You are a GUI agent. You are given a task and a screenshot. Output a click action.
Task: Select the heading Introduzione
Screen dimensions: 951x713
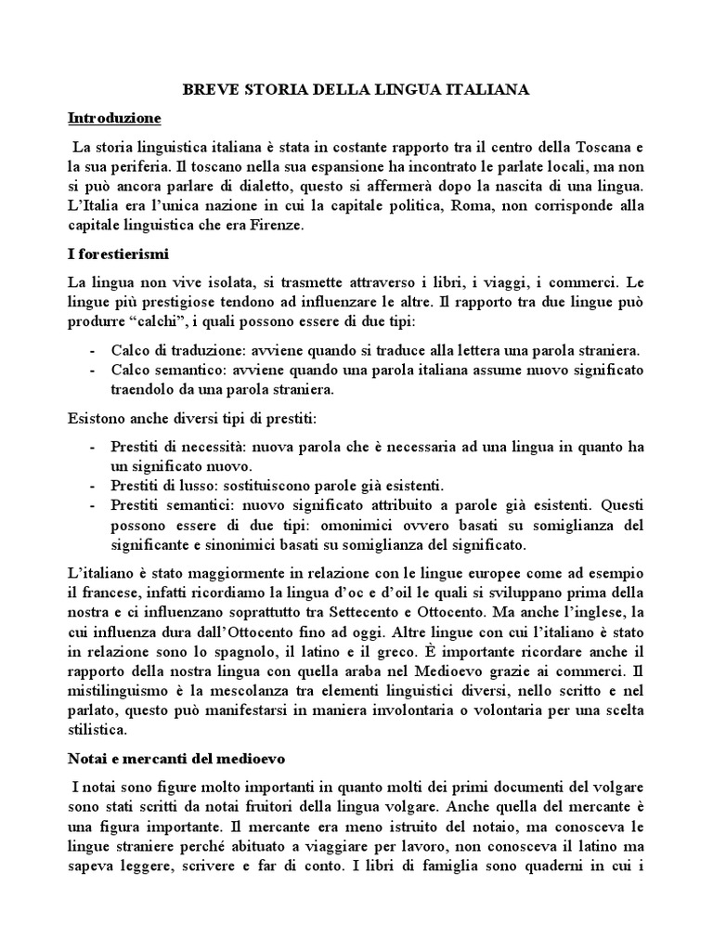click(115, 118)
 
